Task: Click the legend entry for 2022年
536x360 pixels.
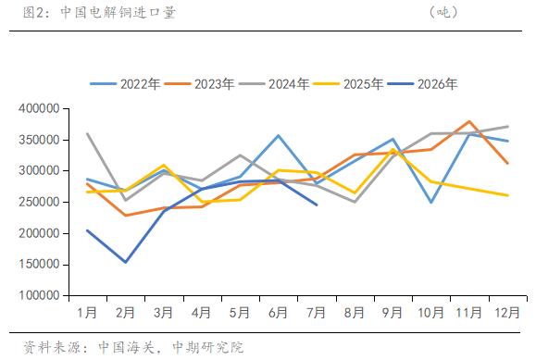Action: (125, 84)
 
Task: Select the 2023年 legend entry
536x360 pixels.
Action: (199, 84)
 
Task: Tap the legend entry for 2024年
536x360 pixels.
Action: (274, 84)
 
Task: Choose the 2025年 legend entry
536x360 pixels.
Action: (348, 84)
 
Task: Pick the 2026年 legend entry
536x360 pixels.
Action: (422, 84)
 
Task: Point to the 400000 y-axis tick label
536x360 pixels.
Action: (39, 108)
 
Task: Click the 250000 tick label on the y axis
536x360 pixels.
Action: (39, 202)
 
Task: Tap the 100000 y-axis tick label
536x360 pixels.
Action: (39, 295)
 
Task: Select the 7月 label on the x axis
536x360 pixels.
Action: (317, 313)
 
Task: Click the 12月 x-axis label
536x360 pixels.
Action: (507, 313)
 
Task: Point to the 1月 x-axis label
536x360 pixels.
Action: (87, 313)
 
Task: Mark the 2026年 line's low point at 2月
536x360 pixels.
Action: (126, 262)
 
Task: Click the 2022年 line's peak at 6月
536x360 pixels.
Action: (279, 135)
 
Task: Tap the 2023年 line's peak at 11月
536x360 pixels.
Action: (469, 121)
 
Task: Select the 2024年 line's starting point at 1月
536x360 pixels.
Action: (88, 133)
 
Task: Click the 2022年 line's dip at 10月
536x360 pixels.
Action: (431, 203)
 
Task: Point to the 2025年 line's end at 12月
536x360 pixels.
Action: (508, 195)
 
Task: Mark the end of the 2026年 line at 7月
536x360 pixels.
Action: (317, 205)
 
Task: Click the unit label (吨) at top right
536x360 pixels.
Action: (443, 13)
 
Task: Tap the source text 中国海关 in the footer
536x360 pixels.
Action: (127, 347)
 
